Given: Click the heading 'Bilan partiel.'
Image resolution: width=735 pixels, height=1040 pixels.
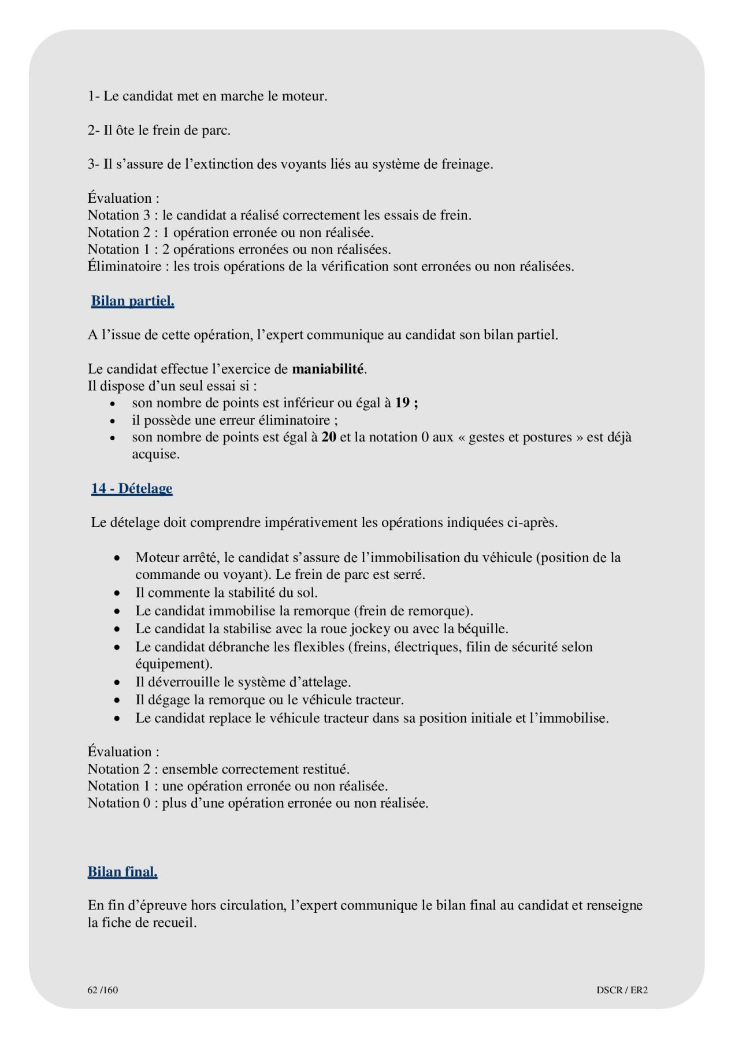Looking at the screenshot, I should [132, 301].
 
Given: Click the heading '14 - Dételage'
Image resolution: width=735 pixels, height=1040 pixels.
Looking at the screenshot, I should [132, 489].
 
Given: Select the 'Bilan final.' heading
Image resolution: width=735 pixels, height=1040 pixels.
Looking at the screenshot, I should [122, 872].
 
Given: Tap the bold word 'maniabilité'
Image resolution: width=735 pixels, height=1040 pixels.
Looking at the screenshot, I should [328, 369].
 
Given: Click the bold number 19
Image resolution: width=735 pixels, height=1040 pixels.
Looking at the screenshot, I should [402, 403].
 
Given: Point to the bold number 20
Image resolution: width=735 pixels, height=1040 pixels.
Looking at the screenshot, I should [329, 437].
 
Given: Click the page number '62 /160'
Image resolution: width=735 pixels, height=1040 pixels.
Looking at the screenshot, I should [103, 990].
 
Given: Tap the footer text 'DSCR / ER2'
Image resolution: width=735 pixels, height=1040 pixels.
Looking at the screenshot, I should [622, 990].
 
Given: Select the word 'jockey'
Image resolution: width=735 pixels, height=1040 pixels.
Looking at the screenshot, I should [370, 629].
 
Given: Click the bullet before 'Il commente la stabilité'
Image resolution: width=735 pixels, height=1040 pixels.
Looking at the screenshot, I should [117, 593].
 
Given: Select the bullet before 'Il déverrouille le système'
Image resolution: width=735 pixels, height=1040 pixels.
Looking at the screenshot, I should [117, 683].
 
